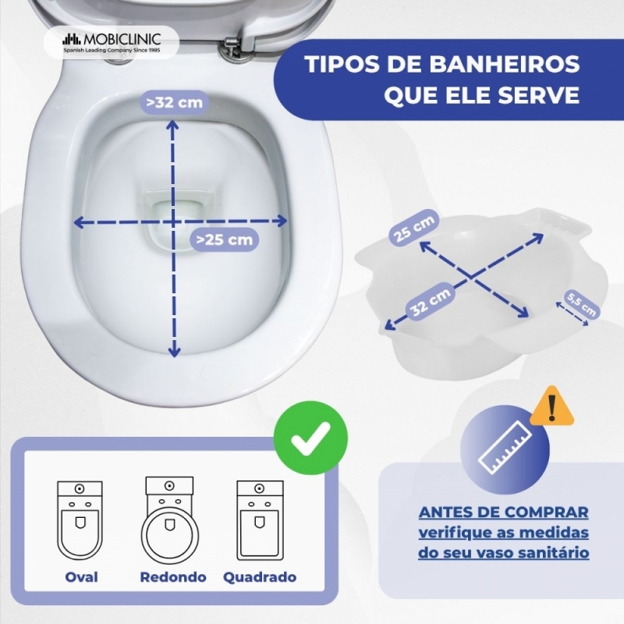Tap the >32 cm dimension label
tap(174, 102)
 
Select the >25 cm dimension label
tap(224, 239)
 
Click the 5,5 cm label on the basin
tap(581, 304)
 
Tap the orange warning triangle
tap(551, 406)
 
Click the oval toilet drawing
tap(80, 520)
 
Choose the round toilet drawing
tap(170, 519)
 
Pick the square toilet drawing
tap(260, 520)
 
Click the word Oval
tap(81, 577)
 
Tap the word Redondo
tap(173, 577)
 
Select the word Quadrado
tap(260, 577)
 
